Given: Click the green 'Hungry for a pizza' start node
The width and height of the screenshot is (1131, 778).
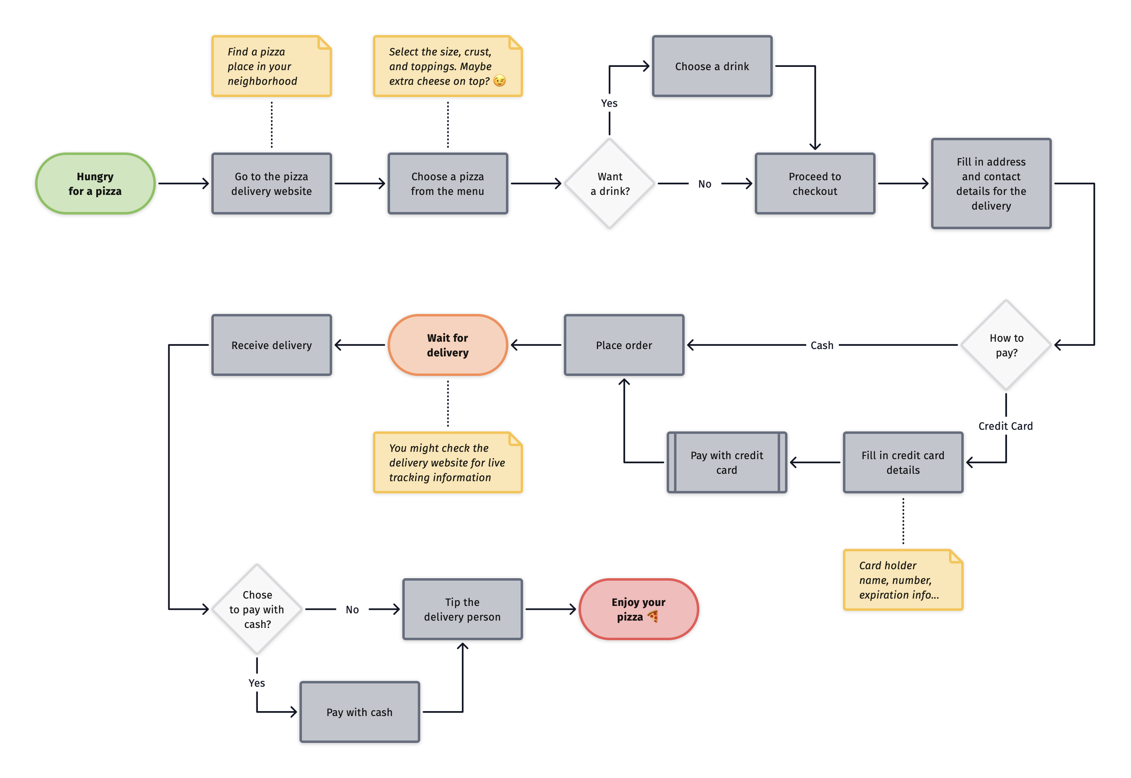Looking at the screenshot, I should coord(95,184).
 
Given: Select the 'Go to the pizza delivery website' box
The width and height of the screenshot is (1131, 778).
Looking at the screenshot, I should coord(271,184).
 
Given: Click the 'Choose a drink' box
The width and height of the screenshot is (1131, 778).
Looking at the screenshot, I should coord(712,66).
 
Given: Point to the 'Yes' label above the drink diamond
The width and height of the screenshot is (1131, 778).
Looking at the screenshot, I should coord(608,104).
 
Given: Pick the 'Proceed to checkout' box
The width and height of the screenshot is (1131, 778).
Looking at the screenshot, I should coord(814,184).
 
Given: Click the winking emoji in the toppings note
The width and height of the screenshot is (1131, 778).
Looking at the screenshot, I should coord(499,81).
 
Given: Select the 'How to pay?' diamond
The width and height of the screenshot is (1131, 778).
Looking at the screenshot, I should coord(1006,345).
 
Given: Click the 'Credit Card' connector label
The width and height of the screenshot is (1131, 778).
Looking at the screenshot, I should coord(1005,426).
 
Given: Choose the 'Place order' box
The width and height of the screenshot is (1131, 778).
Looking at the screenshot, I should coord(624,345).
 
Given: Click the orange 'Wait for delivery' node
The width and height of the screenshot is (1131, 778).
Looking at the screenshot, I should coord(447,345).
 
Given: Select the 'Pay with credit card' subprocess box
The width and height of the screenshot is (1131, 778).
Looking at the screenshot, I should coord(726,462).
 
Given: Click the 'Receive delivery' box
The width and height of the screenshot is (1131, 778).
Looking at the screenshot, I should coord(271,345).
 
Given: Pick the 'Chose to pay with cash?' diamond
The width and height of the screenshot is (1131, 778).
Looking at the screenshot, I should coord(257,609).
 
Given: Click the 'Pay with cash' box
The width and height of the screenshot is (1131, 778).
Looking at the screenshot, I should coord(360,712).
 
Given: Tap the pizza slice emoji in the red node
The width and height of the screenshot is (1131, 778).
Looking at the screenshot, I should coord(652,617).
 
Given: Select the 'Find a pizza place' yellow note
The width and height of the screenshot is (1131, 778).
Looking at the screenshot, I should coord(271,66).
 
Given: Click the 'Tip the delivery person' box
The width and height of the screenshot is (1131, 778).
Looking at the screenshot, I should coord(462,609).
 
